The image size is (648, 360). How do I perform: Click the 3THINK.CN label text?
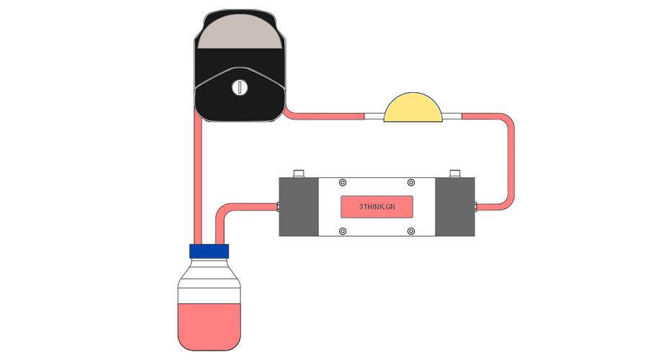[377, 207]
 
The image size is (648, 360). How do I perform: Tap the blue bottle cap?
[209, 251]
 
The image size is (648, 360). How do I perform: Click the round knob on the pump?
[239, 88]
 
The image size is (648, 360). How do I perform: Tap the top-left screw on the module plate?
[343, 182]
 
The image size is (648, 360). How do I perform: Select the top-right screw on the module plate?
[411, 182]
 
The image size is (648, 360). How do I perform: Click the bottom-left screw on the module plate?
[343, 231]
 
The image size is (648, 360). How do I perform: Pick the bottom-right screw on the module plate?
[411, 231]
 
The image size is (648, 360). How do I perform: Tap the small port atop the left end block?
[299, 174]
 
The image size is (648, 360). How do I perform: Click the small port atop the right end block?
[455, 174]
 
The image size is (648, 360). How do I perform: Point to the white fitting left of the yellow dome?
[374, 115]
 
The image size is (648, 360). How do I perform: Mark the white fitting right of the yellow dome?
[451, 115]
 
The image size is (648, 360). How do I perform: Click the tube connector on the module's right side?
[477, 207]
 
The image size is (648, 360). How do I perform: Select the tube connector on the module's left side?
[277, 207]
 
